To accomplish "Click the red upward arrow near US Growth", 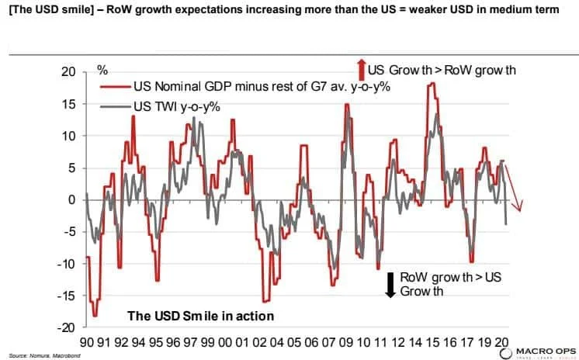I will coord(361,68).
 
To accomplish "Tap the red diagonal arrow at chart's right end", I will coord(517,190).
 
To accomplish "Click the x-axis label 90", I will coord(86,341).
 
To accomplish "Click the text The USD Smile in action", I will coord(200,317).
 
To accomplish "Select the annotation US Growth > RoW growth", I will coord(442,70).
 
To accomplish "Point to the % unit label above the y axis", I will coord(102,69).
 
